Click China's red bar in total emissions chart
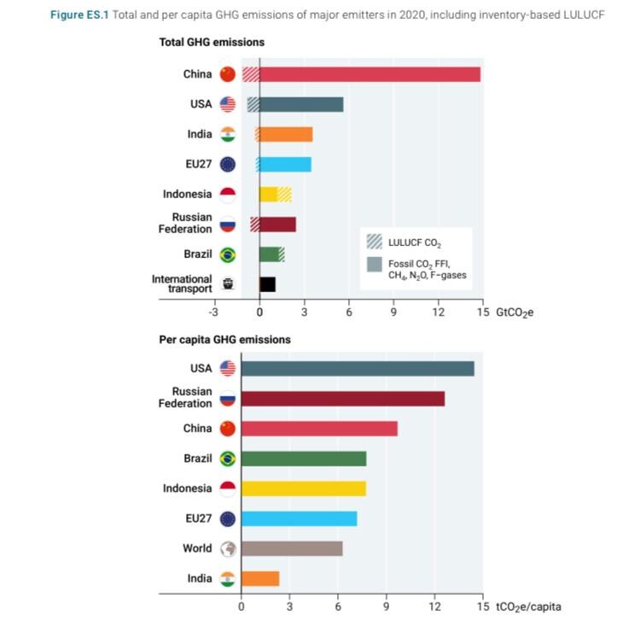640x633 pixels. (369, 74)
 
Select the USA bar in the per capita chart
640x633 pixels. (357, 368)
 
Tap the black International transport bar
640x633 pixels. (267, 284)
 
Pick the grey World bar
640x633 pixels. (291, 548)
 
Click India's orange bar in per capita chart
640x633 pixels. (259, 578)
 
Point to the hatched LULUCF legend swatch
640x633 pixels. (374, 242)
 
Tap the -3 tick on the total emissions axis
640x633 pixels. (214, 313)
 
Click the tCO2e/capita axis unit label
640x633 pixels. (528, 607)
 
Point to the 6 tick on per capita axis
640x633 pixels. (338, 607)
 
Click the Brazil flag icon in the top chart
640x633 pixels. (228, 255)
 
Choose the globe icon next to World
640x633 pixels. (228, 548)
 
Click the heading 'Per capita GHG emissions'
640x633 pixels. (224, 339)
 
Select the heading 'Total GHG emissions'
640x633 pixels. (212, 42)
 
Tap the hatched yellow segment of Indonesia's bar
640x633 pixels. (284, 194)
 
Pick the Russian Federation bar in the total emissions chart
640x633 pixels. (277, 225)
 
